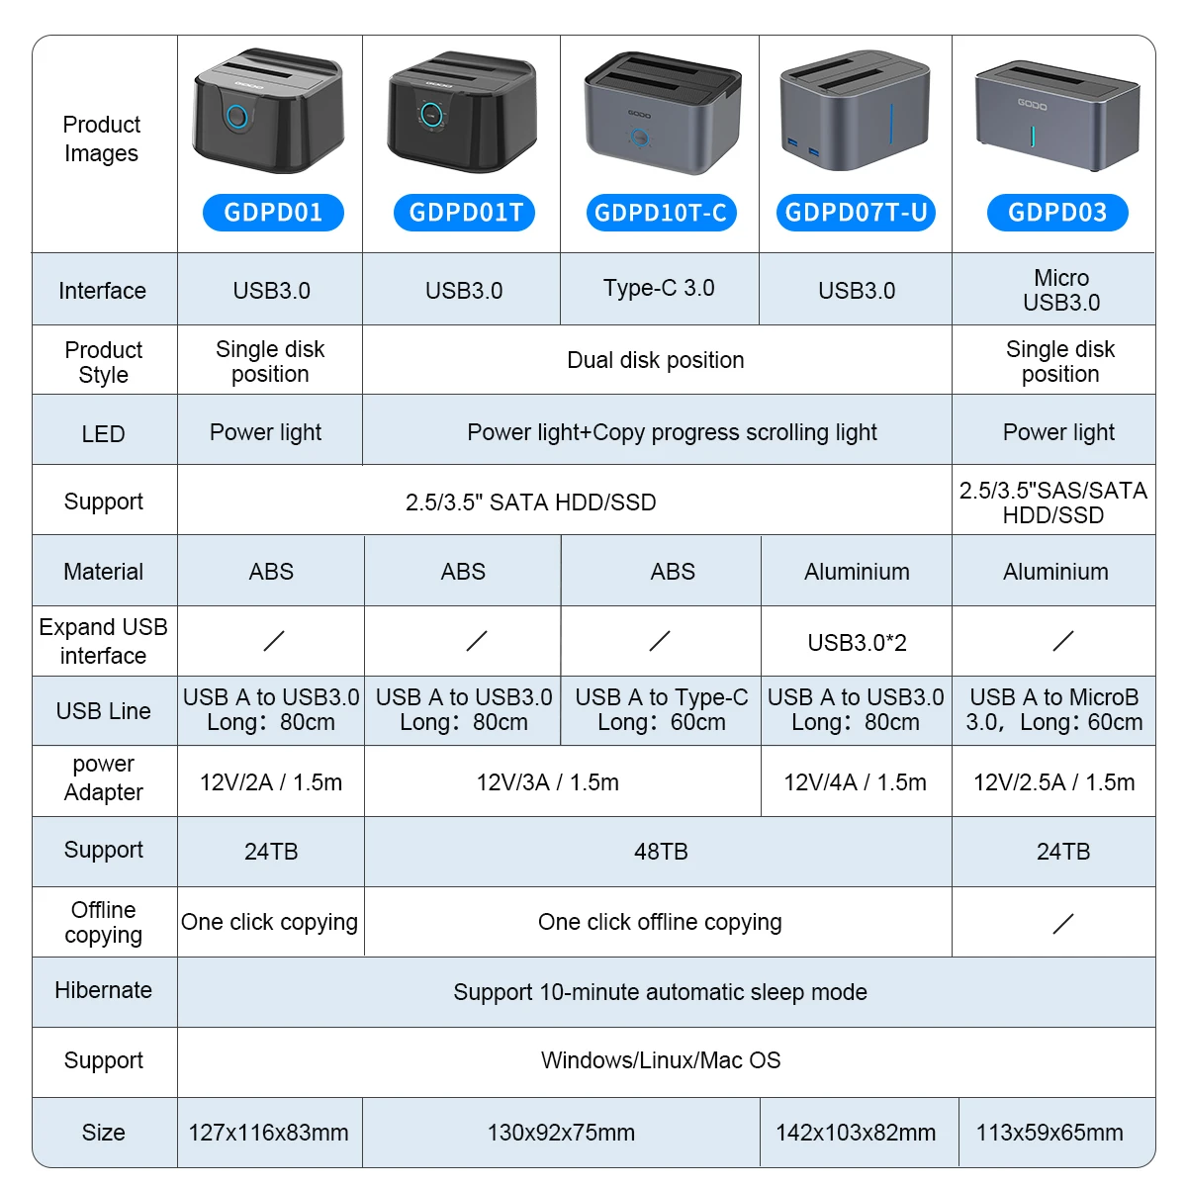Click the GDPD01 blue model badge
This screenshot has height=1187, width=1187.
273,213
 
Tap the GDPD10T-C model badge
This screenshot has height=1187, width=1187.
661,213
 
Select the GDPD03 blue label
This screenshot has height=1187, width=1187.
1057,213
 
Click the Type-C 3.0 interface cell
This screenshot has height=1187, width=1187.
659,288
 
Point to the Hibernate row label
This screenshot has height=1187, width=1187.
103,990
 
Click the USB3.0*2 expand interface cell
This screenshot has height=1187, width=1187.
857,643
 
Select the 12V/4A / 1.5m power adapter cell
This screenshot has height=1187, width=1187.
855,782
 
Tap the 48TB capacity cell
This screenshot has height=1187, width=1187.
661,852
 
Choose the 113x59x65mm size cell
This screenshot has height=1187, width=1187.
1050,1133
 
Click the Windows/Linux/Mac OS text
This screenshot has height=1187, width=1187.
661,1060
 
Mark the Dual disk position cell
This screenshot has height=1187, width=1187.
656,360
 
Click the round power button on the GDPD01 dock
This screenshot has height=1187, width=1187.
237,116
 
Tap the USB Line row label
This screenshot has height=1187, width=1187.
103,711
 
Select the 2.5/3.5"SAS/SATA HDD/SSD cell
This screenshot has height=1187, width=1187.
1052,502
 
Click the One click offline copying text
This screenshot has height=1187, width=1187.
660,922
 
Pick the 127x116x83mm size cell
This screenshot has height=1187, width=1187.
269,1133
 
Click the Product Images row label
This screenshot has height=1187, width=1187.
102,138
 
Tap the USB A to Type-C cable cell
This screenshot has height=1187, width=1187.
661,709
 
